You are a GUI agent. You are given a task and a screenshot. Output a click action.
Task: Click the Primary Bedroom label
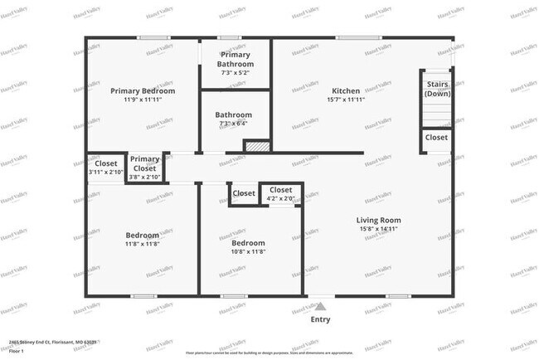click(x=143, y=90)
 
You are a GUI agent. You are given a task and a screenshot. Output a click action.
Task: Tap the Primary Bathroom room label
click(x=235, y=59)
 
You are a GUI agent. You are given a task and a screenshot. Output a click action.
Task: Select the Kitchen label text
click(x=346, y=90)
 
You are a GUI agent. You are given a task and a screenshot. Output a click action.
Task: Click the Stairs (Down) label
click(x=437, y=89)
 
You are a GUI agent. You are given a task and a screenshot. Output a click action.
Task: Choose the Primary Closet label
click(x=144, y=163)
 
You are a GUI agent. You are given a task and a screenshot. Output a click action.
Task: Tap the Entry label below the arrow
click(x=320, y=319)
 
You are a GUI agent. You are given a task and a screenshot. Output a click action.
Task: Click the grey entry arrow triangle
click(x=320, y=306)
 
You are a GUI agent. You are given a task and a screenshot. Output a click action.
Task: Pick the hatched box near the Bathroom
click(x=257, y=146)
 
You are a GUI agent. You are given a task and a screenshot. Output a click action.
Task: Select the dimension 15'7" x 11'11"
click(x=346, y=100)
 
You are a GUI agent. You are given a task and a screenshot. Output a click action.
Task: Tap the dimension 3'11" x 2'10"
click(x=106, y=173)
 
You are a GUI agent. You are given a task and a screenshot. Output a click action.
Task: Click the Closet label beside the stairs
click(x=436, y=137)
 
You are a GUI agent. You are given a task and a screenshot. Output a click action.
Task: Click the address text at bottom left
click(x=53, y=342)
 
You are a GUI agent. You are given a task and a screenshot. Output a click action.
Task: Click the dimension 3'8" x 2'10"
click(x=144, y=177)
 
